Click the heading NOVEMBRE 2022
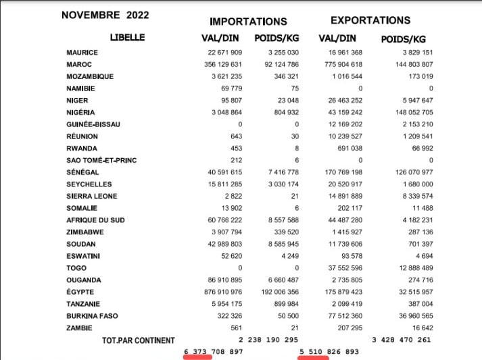[x=105, y=14]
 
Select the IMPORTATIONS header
[x=248, y=22]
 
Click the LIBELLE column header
[x=127, y=38]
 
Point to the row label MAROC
[x=80, y=65]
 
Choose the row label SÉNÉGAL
[x=84, y=172]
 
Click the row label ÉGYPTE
[x=81, y=292]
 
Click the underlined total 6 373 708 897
[x=213, y=352]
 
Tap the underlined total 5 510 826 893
[x=329, y=352]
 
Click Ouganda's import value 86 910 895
[x=217, y=280]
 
